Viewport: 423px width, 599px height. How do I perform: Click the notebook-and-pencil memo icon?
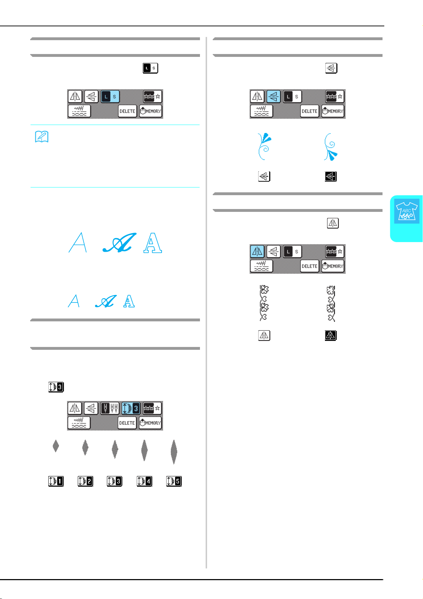(42, 137)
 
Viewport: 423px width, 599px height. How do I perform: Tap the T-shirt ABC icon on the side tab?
(406, 211)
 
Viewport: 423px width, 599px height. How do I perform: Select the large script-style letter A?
(119, 242)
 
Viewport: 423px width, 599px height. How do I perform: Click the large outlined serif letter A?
(153, 242)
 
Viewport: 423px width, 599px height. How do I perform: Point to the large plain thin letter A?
(78, 242)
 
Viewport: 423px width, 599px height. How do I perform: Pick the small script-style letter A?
(106, 301)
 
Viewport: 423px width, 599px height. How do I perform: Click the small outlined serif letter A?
(129, 301)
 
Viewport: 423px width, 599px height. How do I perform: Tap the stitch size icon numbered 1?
(56, 481)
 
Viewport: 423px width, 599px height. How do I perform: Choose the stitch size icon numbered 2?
(85, 481)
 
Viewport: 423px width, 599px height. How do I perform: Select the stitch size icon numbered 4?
(144, 481)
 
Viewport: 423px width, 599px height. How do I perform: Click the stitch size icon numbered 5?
(174, 481)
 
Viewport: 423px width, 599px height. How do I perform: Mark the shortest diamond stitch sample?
(56, 446)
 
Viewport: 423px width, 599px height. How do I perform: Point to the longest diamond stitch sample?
(174, 452)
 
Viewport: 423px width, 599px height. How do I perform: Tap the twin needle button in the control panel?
(110, 408)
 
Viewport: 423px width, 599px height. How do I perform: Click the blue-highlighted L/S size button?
(110, 97)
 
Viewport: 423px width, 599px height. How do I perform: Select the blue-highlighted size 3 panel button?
(131, 408)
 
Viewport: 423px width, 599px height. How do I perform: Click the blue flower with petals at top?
(264, 146)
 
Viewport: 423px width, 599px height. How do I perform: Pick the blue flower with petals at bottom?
(331, 147)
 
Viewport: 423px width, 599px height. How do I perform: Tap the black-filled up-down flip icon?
(331, 176)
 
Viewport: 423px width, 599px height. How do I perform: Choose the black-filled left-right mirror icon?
(331, 335)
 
